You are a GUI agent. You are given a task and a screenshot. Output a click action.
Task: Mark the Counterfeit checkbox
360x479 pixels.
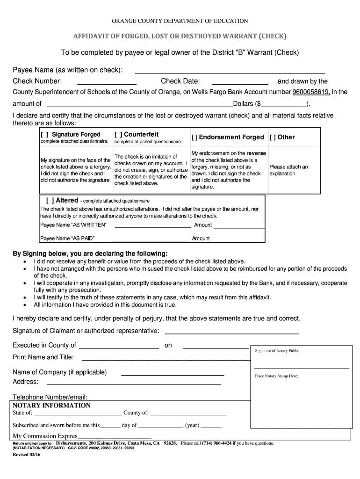[x=118, y=134]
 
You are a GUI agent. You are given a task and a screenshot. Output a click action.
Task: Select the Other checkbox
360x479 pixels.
[x=273, y=138]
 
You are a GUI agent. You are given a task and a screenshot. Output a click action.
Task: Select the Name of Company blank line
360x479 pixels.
[x=173, y=375]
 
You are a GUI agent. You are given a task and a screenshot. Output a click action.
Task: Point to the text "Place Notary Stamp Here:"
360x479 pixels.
[x=277, y=376]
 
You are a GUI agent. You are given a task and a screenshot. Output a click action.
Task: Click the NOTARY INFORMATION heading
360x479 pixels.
[x=51, y=406]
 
